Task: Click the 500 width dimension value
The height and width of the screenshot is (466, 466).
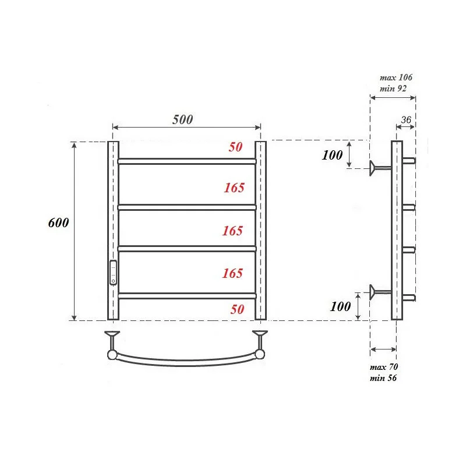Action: click(x=182, y=119)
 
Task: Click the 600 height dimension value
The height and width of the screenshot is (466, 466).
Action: click(x=58, y=223)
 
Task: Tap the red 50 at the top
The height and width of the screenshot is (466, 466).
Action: click(x=235, y=147)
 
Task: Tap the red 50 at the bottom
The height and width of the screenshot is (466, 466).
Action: click(x=237, y=309)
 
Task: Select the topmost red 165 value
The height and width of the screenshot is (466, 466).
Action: click(x=234, y=188)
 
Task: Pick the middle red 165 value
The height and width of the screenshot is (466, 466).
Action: click(x=232, y=231)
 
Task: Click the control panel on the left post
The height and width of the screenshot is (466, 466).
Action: click(x=114, y=272)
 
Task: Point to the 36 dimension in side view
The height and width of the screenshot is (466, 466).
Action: click(x=406, y=121)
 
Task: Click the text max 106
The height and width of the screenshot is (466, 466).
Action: click(x=396, y=77)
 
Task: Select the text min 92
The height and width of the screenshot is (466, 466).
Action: click(x=393, y=89)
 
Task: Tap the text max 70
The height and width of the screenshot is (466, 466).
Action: click(x=384, y=368)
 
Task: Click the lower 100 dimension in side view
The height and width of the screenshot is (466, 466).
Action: click(x=340, y=306)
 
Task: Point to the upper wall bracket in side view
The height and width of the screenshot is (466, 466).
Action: click(x=379, y=168)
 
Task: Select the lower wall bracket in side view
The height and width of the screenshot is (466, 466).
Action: click(x=379, y=291)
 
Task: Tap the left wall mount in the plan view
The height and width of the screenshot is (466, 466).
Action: click(x=111, y=343)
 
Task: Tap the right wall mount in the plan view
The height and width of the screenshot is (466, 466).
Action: click(x=260, y=343)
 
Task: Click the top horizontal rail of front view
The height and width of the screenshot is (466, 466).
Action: click(x=186, y=161)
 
